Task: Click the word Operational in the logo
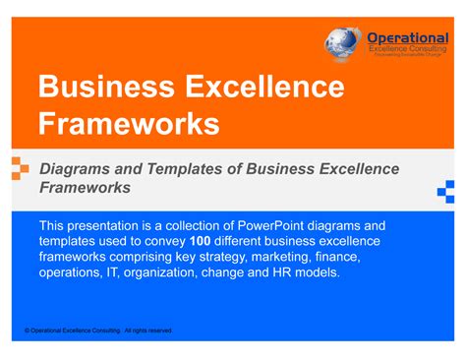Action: coord(407,37)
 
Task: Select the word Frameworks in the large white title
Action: coord(129,124)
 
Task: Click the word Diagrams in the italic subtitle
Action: coord(74,169)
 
